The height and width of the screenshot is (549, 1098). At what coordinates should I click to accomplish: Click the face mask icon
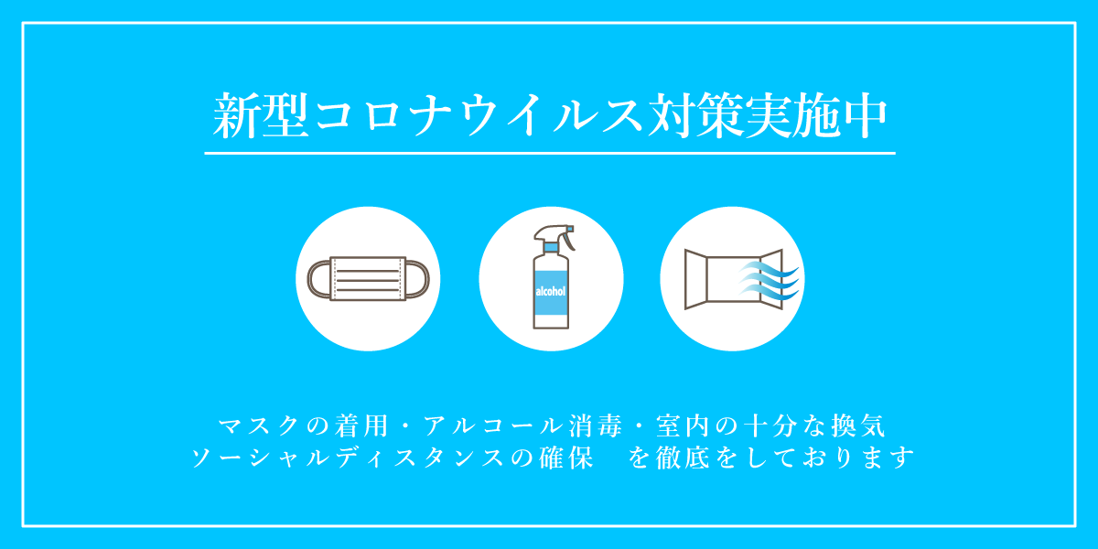[x=369, y=279]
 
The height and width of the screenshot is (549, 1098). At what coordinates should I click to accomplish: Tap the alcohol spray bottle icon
[x=551, y=279]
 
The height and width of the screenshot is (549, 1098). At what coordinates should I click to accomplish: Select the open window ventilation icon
[x=732, y=279]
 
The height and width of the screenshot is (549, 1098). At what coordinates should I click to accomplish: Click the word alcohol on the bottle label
[x=551, y=292]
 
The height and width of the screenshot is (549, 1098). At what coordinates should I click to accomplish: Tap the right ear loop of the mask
[x=419, y=278]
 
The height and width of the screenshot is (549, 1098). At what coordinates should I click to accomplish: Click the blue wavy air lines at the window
[x=772, y=280]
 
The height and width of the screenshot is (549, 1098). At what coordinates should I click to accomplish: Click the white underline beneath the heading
[x=549, y=153]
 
